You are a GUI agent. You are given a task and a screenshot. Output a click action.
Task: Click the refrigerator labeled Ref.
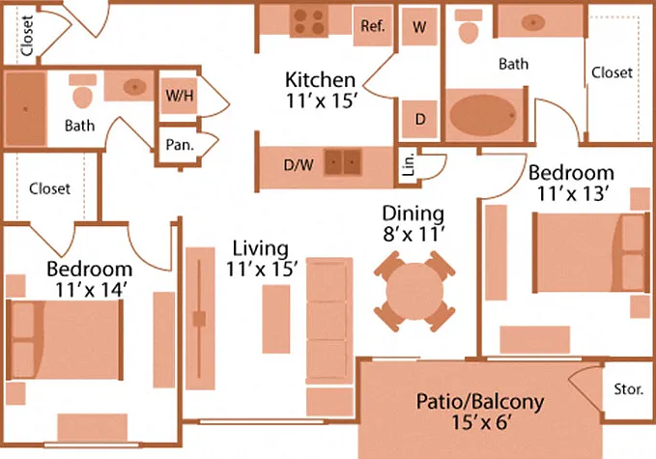coord(373,26)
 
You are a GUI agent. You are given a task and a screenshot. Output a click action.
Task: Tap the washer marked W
coord(419,27)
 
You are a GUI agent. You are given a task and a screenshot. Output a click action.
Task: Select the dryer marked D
coord(419,119)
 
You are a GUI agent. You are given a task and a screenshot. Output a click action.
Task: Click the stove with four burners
coord(309,22)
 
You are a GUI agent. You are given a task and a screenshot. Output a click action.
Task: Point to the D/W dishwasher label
coord(299,165)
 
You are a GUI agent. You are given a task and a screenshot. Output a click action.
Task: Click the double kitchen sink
coord(343,162)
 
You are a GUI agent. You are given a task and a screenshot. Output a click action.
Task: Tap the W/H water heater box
coord(179,96)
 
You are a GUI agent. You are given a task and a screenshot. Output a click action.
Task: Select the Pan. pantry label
coord(180,145)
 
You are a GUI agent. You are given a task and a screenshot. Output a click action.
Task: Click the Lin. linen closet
coord(409,163)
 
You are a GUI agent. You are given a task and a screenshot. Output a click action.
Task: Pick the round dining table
coord(414,291)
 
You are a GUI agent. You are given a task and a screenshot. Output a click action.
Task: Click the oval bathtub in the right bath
coord(481,115)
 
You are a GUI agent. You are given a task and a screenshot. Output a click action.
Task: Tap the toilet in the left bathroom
coord(82,92)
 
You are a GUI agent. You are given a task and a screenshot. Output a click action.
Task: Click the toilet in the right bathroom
coord(469,26)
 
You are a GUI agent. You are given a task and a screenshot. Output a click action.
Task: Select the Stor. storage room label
coord(628,389)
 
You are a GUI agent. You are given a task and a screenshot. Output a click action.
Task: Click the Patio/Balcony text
coord(480,402)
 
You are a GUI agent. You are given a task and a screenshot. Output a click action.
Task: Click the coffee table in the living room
coord(276,319)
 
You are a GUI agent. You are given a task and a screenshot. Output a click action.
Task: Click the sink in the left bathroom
coord(134,87)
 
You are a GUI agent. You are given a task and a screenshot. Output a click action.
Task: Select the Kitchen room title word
coord(320,79)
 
